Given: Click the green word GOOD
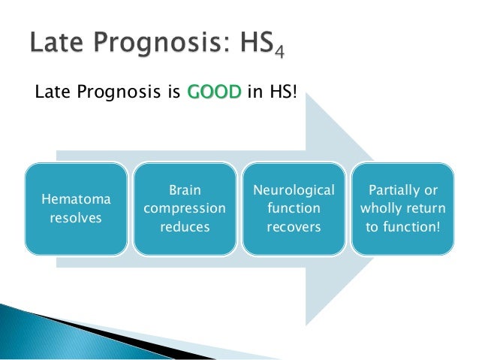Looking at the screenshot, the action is tap(214, 93).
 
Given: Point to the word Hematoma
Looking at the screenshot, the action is tap(75, 200).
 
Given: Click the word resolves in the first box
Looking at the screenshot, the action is tap(75, 218).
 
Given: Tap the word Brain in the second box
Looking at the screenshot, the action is tap(184, 191).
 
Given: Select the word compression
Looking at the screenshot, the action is tap(184, 208).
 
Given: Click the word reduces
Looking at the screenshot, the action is tap(184, 225).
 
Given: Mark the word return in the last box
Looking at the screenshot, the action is tap(424, 208).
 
